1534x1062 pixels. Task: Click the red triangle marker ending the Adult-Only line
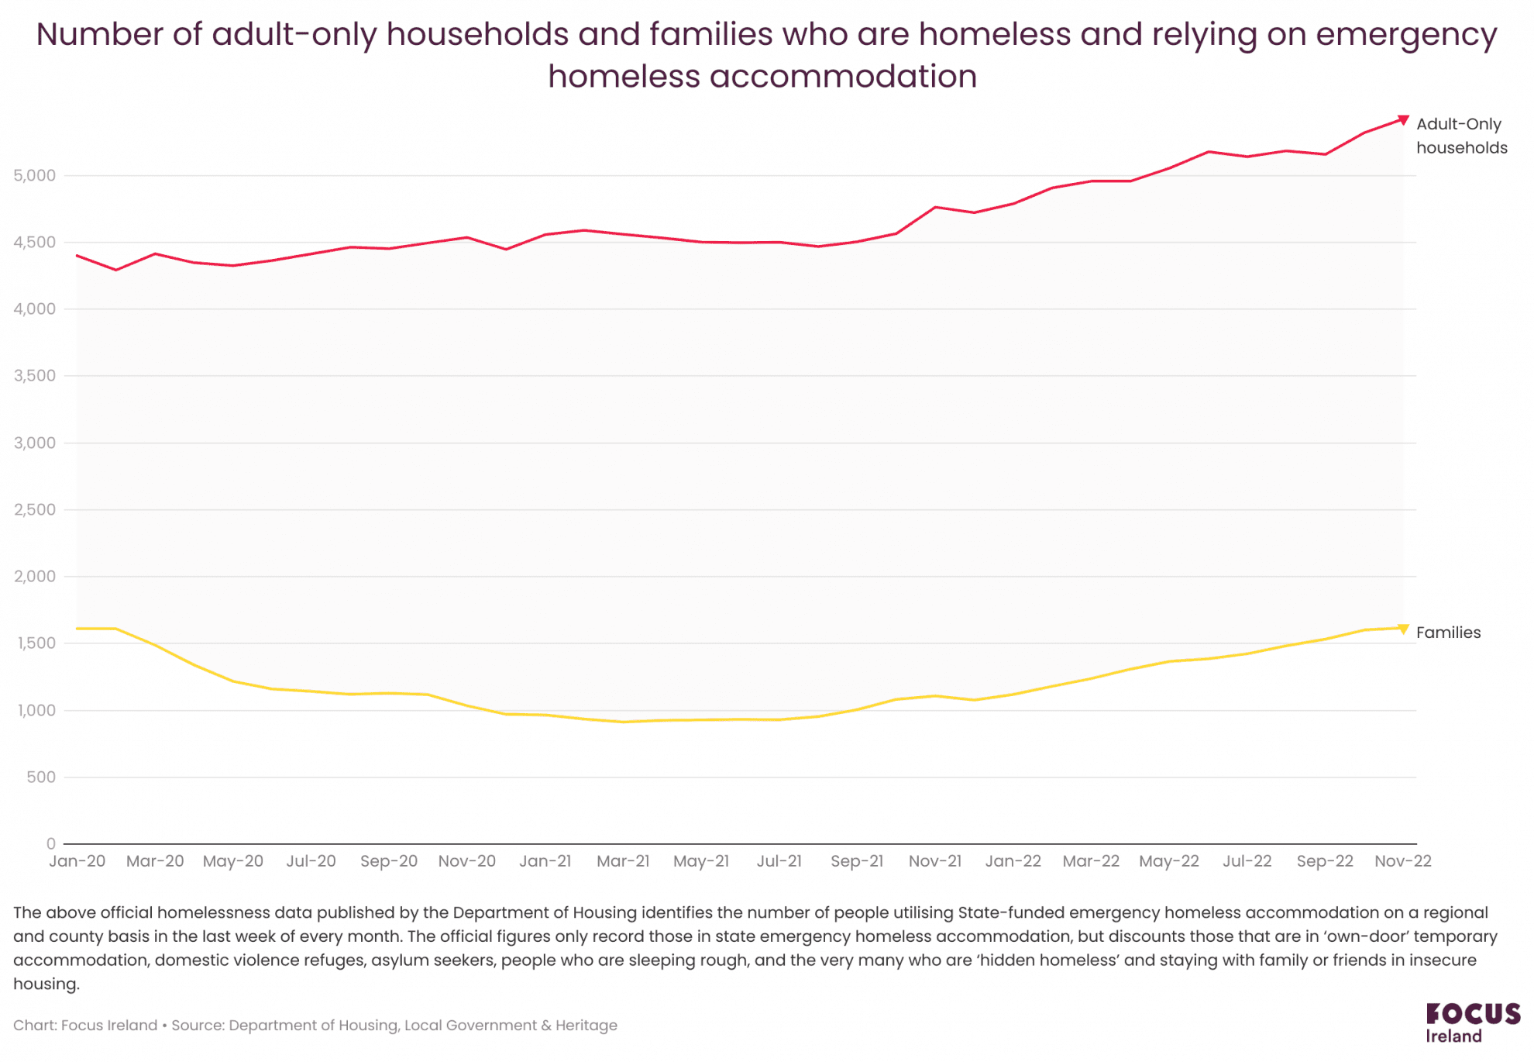pos(1402,120)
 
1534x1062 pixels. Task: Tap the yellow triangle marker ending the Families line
pos(1402,629)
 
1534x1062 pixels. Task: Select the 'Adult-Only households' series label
pos(1461,136)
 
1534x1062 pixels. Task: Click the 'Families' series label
pos(1448,633)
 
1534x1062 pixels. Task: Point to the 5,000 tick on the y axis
pos(35,176)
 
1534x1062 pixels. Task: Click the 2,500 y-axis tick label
pos(35,510)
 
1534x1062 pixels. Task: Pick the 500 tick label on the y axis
pos(41,778)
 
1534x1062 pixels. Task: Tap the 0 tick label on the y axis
pos(51,843)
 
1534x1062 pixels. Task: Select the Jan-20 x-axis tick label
pos(77,861)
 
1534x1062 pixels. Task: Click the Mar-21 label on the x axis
pos(623,861)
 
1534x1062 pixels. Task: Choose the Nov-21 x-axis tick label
pos(935,861)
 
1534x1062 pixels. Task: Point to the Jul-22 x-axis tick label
pos(1247,861)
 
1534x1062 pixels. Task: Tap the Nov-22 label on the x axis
pos(1402,861)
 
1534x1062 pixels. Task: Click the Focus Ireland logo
pos(1472,1022)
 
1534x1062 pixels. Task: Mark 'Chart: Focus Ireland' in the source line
pos(85,1026)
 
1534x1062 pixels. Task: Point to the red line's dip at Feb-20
pos(116,270)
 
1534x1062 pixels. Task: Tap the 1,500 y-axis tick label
pos(35,643)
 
